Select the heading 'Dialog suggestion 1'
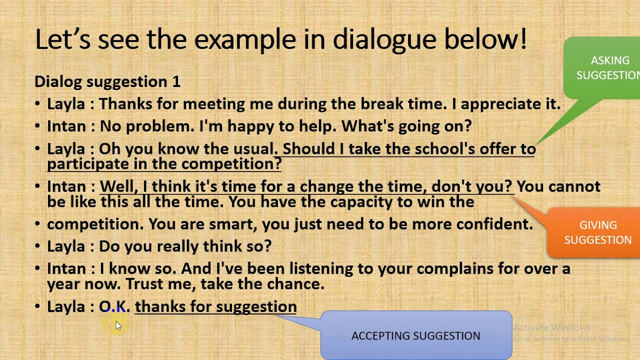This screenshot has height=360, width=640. click(107, 81)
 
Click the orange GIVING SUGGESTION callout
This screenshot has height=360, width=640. click(597, 232)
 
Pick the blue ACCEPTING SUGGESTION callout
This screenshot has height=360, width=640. click(415, 336)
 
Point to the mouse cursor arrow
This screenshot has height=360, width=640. click(118, 325)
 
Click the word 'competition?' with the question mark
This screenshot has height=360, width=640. click(231, 164)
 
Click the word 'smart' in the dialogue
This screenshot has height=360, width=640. click(232, 224)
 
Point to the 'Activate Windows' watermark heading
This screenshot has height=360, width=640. click(552, 328)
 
